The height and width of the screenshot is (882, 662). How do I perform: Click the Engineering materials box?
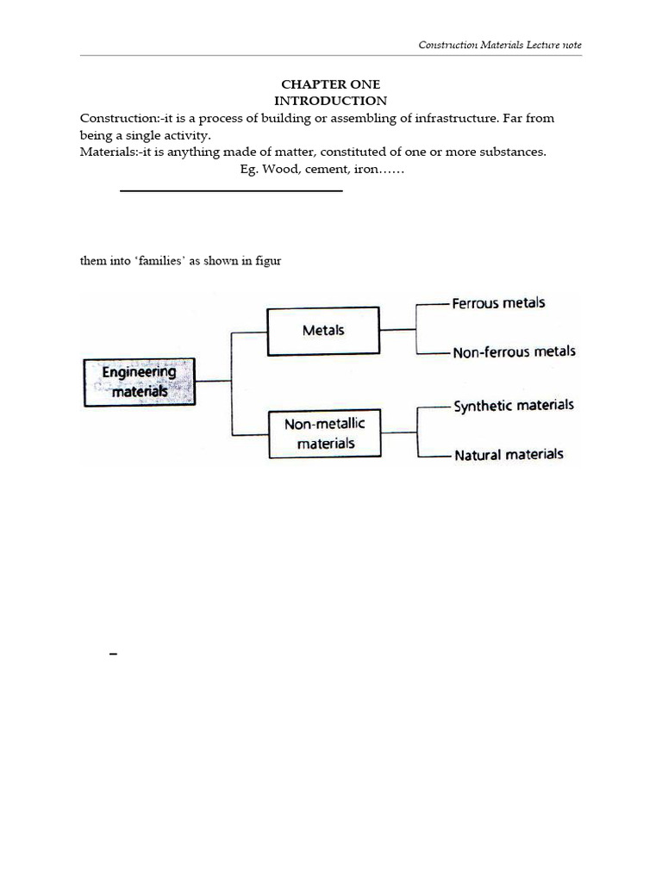point(139,382)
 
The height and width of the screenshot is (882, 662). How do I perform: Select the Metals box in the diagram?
point(323,331)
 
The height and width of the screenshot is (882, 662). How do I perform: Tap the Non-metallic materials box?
point(325,434)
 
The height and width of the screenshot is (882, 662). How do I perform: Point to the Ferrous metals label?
point(498,303)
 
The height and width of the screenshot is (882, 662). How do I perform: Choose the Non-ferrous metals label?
point(514,351)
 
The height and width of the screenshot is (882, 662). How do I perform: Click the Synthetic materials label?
point(513,406)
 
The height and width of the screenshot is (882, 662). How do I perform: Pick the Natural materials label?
point(509,454)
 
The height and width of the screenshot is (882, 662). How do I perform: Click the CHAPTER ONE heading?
point(330,84)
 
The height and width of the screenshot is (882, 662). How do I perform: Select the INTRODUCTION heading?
point(330,101)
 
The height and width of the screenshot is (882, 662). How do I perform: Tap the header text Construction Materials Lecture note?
point(500,45)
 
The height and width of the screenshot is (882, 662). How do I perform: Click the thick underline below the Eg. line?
point(231,189)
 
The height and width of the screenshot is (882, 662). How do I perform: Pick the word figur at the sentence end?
point(268,261)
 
